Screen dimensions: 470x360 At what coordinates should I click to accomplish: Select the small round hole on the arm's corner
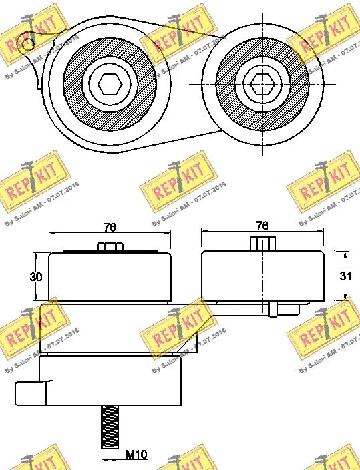click(27, 44)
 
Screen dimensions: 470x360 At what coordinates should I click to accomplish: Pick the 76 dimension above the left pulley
click(110, 227)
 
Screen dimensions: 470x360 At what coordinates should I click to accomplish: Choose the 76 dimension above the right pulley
click(262, 226)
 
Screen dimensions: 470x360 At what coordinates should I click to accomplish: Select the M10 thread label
click(136, 456)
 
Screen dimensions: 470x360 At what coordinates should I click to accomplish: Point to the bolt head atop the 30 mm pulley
click(110, 247)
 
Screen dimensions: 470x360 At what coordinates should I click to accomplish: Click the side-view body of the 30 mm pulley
click(110, 277)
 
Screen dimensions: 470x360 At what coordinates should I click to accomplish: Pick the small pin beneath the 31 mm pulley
click(274, 310)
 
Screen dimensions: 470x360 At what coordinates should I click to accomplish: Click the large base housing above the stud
click(110, 381)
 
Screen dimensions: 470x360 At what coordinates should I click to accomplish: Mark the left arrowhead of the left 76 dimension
click(53, 234)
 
